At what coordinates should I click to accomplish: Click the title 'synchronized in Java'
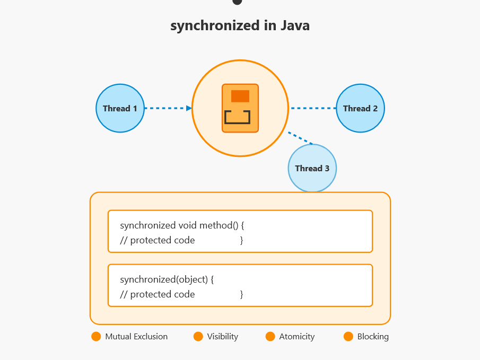[240, 25]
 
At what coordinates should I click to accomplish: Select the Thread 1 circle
[120, 108]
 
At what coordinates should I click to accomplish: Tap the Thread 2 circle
[360, 108]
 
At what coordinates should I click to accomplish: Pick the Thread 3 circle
[312, 168]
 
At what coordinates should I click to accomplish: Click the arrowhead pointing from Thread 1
[189, 108]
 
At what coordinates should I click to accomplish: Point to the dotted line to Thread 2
[313, 108]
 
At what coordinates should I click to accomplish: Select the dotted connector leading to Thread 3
[300, 138]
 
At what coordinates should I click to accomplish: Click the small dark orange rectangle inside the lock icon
[240, 96]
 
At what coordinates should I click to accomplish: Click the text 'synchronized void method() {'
[181, 225]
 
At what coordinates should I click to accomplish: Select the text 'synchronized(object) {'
[167, 279]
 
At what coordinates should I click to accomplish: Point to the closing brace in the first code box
[241, 240]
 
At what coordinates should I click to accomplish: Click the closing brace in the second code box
[241, 294]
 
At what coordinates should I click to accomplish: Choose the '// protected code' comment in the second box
[157, 294]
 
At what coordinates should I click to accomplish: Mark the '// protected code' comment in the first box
[157, 240]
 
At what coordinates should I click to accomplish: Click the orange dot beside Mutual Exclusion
[96, 336]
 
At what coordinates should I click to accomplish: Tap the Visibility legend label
[223, 336]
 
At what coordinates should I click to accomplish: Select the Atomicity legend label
[297, 336]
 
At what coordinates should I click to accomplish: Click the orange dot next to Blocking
[348, 336]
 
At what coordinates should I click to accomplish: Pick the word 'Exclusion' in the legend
[151, 336]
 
